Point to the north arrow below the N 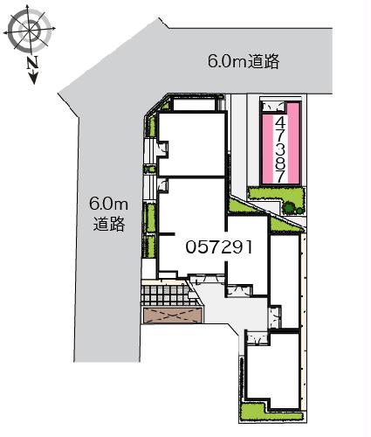33,79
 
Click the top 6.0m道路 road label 243,61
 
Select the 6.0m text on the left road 108,205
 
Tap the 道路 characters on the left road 108,224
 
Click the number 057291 218,247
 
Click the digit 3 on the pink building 279,148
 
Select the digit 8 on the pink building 279,162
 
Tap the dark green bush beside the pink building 291,207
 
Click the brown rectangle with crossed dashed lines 170,316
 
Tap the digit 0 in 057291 190,247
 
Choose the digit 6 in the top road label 214,61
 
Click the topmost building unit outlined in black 190,140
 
